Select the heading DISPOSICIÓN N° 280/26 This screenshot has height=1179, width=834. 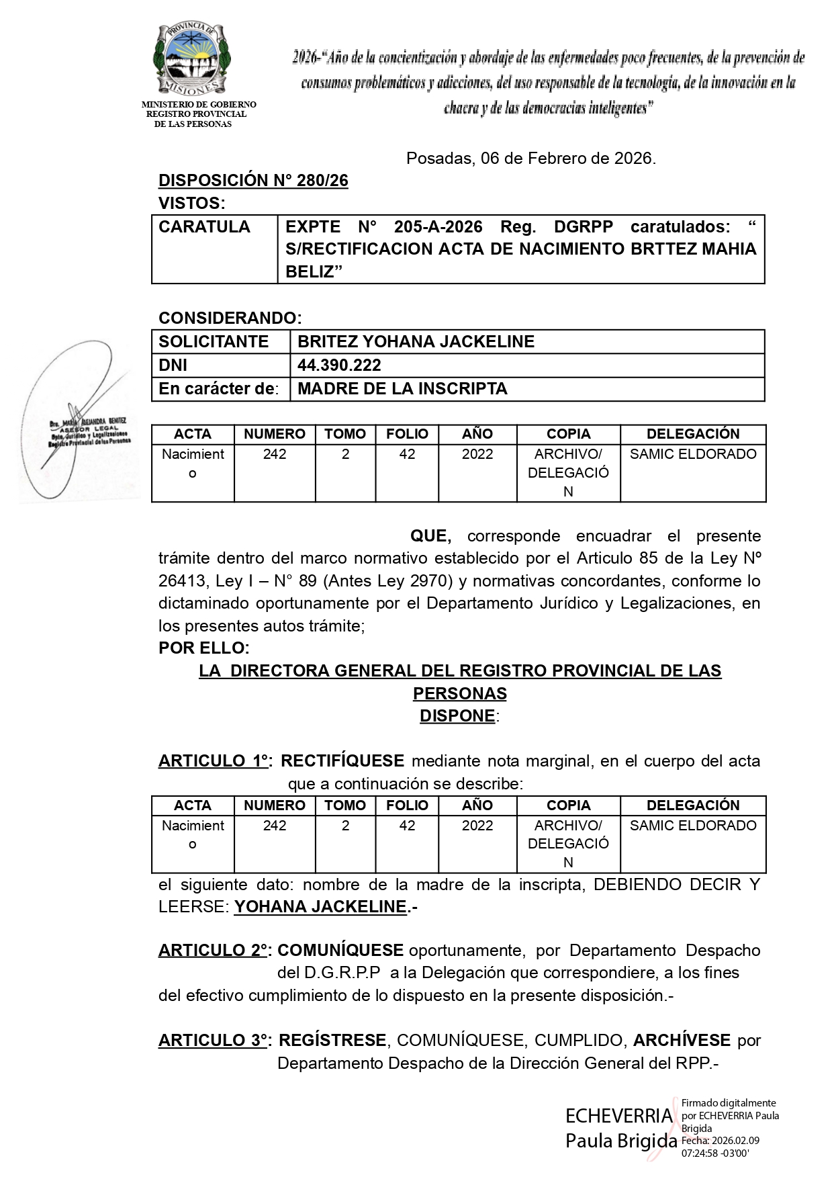point(253,181)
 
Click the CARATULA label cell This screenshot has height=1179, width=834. point(204,227)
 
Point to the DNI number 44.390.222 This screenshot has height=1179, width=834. point(339,365)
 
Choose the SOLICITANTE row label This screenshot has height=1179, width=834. point(214,342)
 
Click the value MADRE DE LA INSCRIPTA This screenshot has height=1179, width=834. point(402,389)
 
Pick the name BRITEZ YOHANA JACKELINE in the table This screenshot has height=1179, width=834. point(416,342)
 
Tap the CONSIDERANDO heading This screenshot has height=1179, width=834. point(230,318)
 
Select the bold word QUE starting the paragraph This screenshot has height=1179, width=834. point(430,536)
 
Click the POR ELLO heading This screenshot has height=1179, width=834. point(203,648)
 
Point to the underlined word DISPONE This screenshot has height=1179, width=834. point(457,716)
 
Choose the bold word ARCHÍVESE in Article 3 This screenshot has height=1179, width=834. point(682,1041)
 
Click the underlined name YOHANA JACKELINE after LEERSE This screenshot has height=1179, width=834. point(320,907)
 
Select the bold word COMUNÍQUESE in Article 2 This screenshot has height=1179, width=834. point(340,951)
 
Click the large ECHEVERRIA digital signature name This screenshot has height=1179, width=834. point(618,1116)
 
